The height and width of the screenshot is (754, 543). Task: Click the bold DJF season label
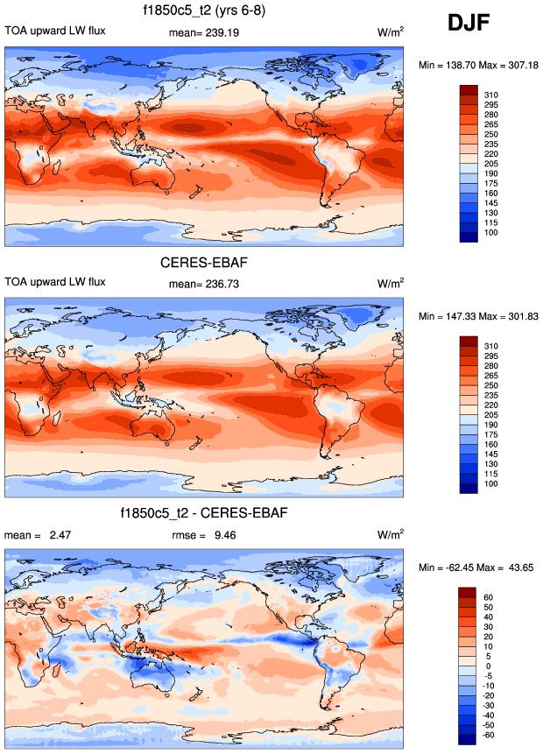tap(474, 24)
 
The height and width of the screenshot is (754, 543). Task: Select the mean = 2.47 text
tap(32, 535)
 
